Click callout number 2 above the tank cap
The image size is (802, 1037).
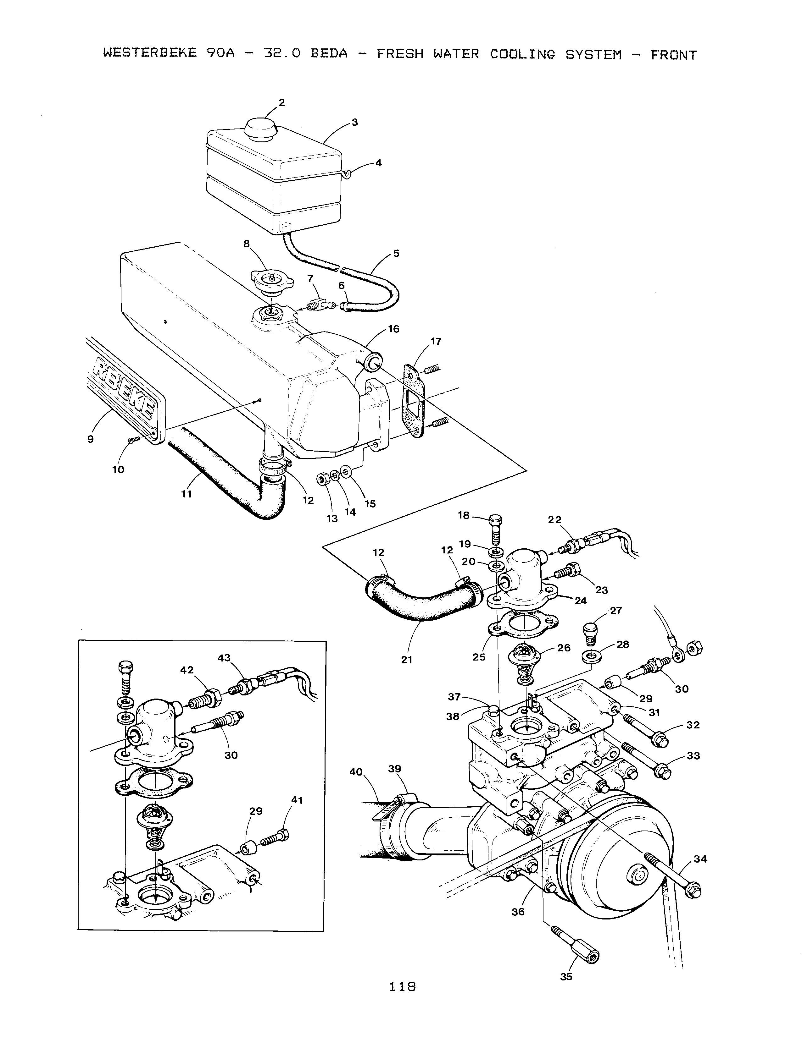282,102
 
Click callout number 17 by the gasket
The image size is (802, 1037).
436,341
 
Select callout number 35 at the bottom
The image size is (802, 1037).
566,977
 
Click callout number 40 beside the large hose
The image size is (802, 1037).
356,772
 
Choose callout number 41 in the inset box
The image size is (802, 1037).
297,800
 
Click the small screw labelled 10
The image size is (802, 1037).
132,440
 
